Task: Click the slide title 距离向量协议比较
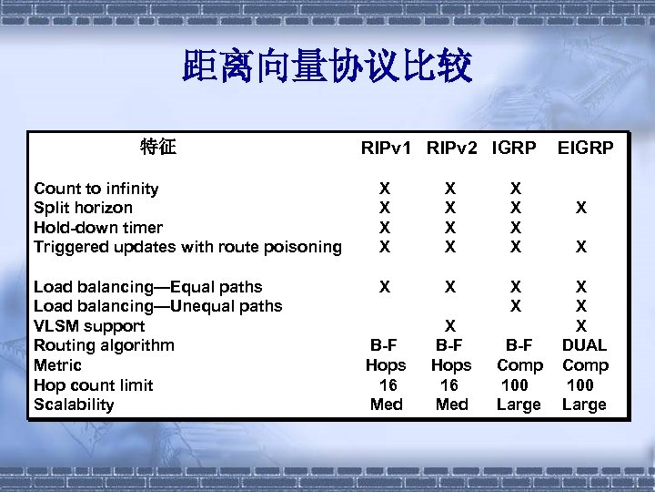click(327, 67)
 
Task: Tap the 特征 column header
click(158, 147)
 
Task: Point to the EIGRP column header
click(585, 148)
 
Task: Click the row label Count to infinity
click(96, 189)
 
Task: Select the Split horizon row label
click(83, 208)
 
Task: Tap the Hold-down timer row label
click(98, 228)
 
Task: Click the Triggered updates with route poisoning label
click(187, 247)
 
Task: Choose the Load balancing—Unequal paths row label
click(157, 306)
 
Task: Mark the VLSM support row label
click(89, 326)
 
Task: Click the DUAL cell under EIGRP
click(584, 345)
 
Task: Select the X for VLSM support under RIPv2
click(449, 326)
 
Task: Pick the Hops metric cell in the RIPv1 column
click(386, 365)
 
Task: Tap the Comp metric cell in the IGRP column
click(519, 365)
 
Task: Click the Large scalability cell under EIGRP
click(584, 405)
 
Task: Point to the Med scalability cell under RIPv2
click(451, 405)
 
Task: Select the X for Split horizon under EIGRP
click(580, 208)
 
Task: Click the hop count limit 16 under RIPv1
click(388, 385)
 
